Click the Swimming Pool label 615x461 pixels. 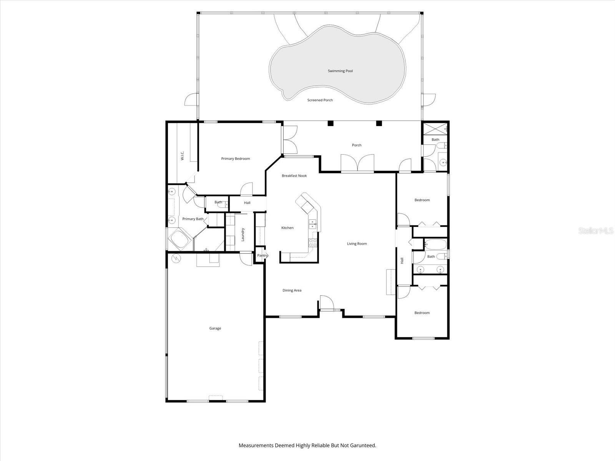[340, 71]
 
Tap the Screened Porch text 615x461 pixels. [320, 100]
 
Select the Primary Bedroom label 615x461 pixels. [235, 159]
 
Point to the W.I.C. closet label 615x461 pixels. [183, 156]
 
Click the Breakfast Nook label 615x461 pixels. [294, 176]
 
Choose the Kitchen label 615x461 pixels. [288, 228]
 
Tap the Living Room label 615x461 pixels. [357, 244]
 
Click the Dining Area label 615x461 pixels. [292, 290]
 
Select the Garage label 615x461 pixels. [215, 328]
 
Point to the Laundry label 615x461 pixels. [243, 235]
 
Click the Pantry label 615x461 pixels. [262, 255]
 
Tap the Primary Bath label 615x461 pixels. [193, 219]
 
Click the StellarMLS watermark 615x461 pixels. [596, 230]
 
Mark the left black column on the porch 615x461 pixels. [331, 123]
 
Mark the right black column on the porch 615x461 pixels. [379, 123]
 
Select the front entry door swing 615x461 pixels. [327, 302]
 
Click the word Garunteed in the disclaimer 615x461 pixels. [363, 445]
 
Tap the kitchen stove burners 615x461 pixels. [312, 243]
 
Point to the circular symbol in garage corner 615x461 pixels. [176, 258]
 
